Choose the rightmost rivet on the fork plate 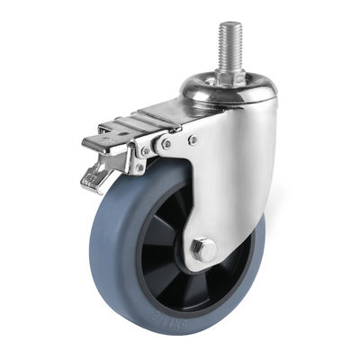click(193, 139)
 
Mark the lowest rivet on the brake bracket click(139, 166)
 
